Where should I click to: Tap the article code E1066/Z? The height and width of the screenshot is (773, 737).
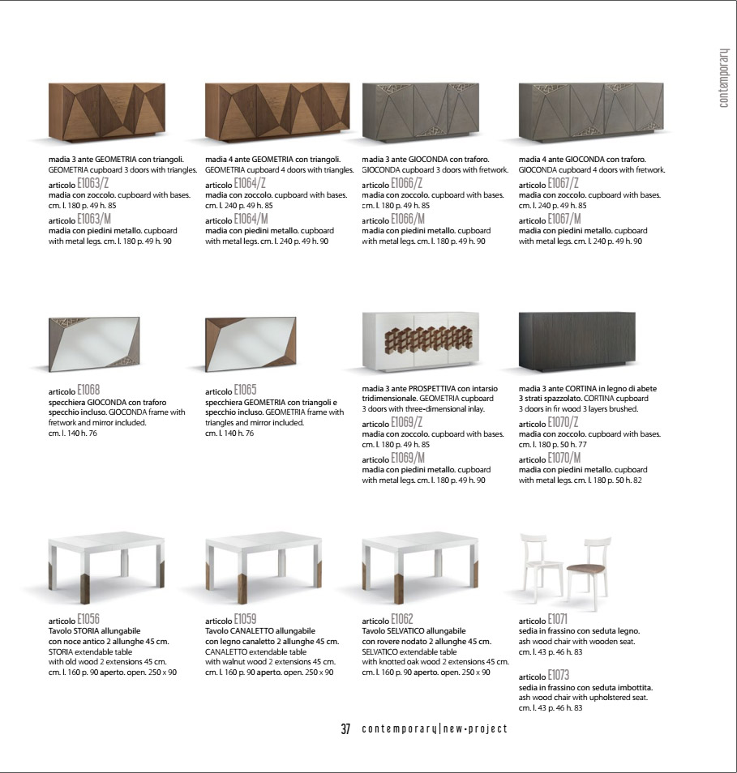tap(407, 185)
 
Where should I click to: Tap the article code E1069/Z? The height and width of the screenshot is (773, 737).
tap(407, 423)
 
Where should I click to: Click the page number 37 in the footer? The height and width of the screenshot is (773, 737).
tap(345, 728)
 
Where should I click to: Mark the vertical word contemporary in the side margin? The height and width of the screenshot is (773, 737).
tap(723, 78)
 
